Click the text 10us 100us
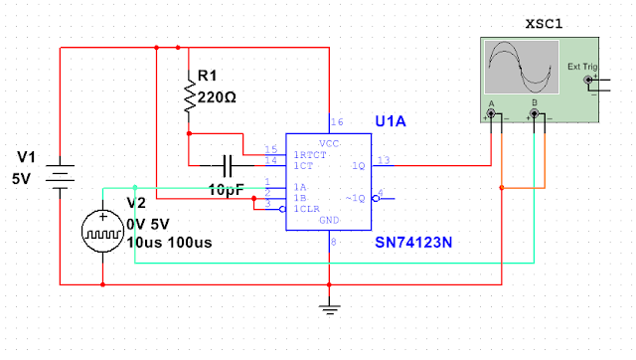tap(168, 242)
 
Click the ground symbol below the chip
tap(327, 304)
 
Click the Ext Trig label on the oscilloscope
tap(583, 68)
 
